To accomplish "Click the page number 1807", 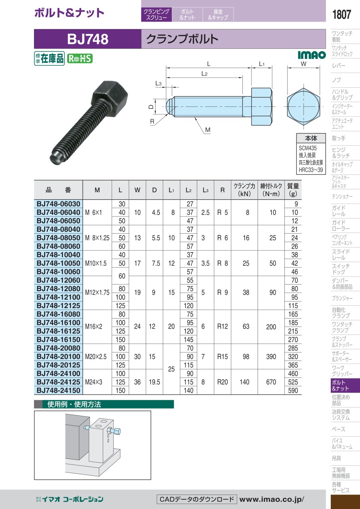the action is pos(341,14).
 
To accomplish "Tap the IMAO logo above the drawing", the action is pos(312,55).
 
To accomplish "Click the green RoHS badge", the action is pos(80,59).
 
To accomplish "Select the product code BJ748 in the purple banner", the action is pos(88,39).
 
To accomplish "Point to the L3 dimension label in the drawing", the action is pos(158,83).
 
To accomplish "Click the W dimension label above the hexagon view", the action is pos(304,64).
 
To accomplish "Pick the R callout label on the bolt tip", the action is pos(152,122).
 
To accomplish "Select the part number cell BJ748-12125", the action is pos(58,305).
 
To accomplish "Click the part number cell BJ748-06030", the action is pos(58,204).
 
